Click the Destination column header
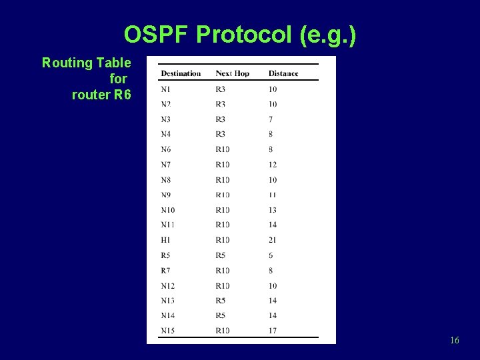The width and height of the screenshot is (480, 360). pyautogui.click(x=181, y=73)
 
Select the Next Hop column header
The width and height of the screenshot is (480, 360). pyautogui.click(x=232, y=73)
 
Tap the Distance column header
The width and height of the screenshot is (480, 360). pyautogui.click(x=283, y=73)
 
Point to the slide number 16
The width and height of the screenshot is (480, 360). pyautogui.click(x=454, y=341)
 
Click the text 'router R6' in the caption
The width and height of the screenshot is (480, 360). pyautogui.click(x=101, y=95)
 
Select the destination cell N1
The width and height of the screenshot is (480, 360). pyautogui.click(x=166, y=89)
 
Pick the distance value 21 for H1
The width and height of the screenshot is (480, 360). pyautogui.click(x=273, y=240)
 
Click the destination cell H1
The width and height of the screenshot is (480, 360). pyautogui.click(x=166, y=240)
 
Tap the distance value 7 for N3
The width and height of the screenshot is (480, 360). pyautogui.click(x=271, y=119)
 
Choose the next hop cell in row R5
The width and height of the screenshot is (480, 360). pyautogui.click(x=221, y=255)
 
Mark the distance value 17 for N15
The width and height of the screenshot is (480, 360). pyautogui.click(x=273, y=331)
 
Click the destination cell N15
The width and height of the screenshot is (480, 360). pyautogui.click(x=168, y=331)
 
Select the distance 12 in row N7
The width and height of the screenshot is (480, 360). pyautogui.click(x=273, y=165)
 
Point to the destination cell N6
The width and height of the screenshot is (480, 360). pyautogui.click(x=166, y=149)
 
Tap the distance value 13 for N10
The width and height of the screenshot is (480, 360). pyautogui.click(x=273, y=210)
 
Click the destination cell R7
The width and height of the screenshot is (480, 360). pyautogui.click(x=166, y=271)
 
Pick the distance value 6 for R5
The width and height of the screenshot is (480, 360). pyautogui.click(x=271, y=255)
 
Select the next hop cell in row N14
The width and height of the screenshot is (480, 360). pyautogui.click(x=221, y=315)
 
